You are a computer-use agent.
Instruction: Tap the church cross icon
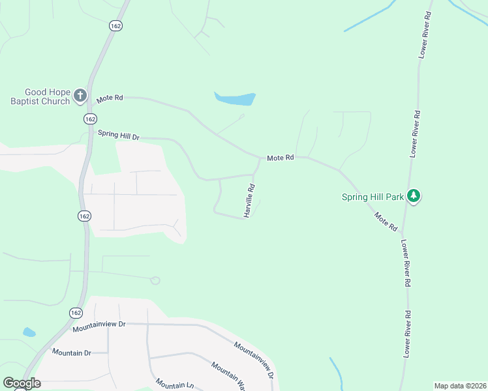click(80, 96)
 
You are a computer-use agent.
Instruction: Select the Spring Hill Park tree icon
click(413, 195)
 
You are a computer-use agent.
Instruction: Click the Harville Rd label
click(249, 200)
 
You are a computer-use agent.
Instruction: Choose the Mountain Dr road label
click(72, 353)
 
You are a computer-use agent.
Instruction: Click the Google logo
click(22, 383)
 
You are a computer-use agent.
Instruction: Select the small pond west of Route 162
click(29, 332)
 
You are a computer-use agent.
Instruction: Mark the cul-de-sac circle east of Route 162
click(155, 281)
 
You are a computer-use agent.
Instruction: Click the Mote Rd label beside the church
click(110, 98)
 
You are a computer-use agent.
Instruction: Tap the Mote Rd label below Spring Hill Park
click(386, 222)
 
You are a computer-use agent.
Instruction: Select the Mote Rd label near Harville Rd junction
click(281, 158)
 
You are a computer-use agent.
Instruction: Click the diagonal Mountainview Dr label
click(253, 358)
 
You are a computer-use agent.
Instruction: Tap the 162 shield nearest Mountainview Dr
click(75, 313)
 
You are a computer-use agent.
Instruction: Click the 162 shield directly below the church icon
click(90, 119)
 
